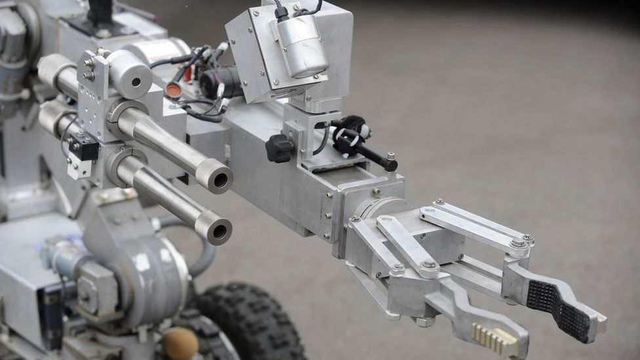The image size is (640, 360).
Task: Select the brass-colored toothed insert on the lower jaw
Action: pos(496,338)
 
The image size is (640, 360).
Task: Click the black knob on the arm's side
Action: pos(279,148)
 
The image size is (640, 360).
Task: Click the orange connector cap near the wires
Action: pos(174,90)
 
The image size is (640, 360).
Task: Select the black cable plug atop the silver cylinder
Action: pos(282,12)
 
